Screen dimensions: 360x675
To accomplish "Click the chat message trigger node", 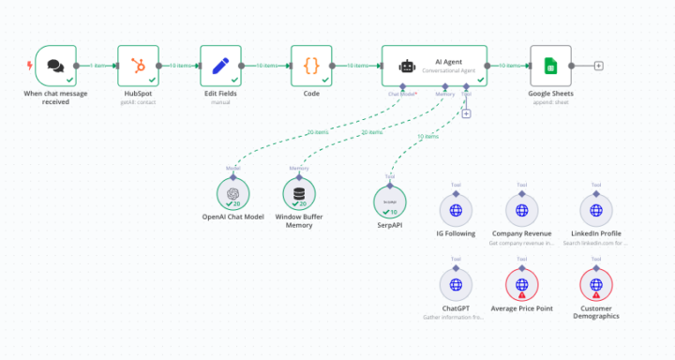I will (x=55, y=66).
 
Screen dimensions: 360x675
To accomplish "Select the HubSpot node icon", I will (x=138, y=66).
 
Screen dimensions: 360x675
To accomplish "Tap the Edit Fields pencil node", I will (x=220, y=66).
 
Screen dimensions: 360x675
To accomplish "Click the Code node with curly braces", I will (x=311, y=66).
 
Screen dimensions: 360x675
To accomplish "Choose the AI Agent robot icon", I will (x=407, y=67).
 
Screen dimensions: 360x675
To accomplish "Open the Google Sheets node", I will (x=550, y=66).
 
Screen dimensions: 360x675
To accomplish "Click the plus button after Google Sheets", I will (x=599, y=66).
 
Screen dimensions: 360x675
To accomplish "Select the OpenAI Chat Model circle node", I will (x=233, y=193).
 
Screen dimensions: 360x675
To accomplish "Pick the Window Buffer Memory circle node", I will (x=299, y=193).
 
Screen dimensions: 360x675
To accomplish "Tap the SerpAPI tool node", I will (x=390, y=202).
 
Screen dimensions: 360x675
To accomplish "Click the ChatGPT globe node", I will (x=456, y=283).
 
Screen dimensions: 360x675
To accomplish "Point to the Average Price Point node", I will (x=521, y=283).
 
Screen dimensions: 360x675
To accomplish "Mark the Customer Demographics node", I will (x=596, y=283).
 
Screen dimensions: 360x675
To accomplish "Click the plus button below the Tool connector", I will (x=466, y=113).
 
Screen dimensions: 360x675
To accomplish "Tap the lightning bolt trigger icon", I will (x=29, y=66).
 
